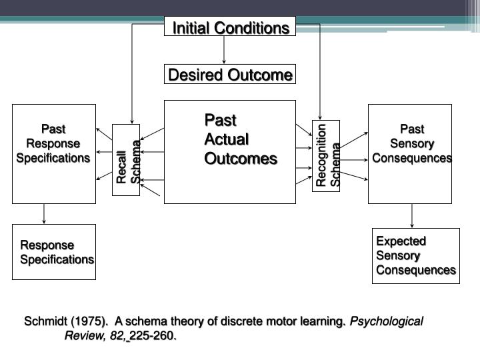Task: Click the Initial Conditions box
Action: [x=230, y=27]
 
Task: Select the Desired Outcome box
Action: [x=230, y=75]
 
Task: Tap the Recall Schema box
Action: [x=126, y=160]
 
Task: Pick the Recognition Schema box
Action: [x=326, y=156]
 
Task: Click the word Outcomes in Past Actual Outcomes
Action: [x=240, y=159]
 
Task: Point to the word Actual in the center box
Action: [x=226, y=139]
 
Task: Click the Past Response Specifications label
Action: [x=53, y=143]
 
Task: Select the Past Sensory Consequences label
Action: [x=411, y=143]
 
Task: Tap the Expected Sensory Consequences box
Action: [x=415, y=255]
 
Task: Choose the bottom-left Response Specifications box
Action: [x=54, y=251]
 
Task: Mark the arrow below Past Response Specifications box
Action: [x=44, y=213]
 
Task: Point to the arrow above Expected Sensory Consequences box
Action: [x=412, y=215]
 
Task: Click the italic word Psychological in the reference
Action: [x=387, y=321]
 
